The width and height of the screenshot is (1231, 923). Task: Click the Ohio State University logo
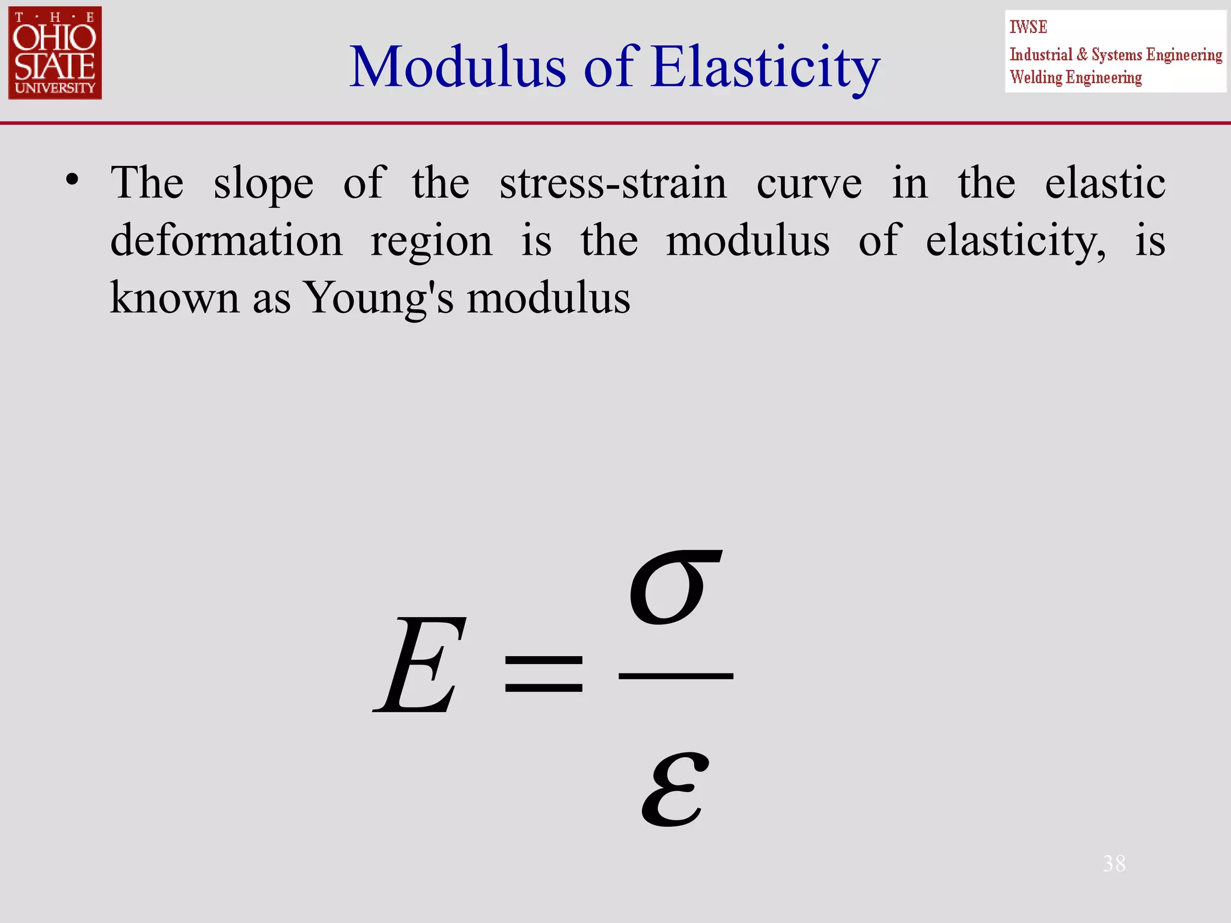pyautogui.click(x=55, y=53)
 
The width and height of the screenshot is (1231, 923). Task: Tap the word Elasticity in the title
pyautogui.click(x=766, y=68)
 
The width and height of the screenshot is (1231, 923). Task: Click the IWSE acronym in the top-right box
pyautogui.click(x=1028, y=27)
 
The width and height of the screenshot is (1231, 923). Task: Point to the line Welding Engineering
pyautogui.click(x=1075, y=78)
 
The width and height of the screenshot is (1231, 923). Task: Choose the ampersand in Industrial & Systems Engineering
pyautogui.click(x=1082, y=55)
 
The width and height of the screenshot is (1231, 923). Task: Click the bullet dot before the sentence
pyautogui.click(x=73, y=179)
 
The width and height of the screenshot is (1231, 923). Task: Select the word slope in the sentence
pyautogui.click(x=263, y=183)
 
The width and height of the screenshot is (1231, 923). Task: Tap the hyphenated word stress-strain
pyautogui.click(x=612, y=183)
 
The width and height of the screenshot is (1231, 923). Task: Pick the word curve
pyautogui.click(x=808, y=183)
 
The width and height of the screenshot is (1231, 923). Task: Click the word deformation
pyautogui.click(x=226, y=240)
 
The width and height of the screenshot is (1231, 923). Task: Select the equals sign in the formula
pyautogui.click(x=543, y=673)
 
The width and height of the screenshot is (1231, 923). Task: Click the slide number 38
pyautogui.click(x=1114, y=864)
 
